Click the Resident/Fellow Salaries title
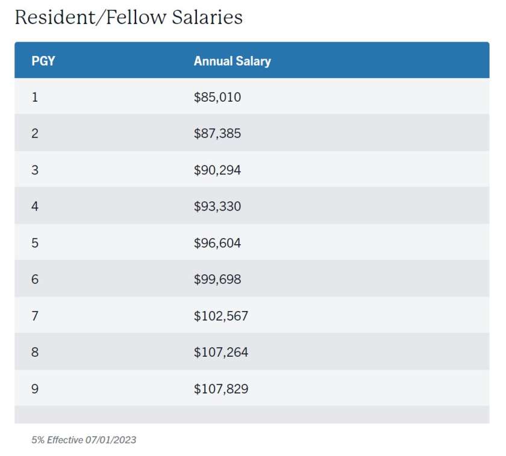(x=128, y=17)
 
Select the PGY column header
(x=43, y=61)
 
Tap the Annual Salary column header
(x=232, y=61)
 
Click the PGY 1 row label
(x=35, y=97)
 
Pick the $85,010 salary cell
(x=217, y=97)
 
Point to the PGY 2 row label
(x=35, y=134)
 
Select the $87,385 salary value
(x=217, y=134)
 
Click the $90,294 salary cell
(x=217, y=170)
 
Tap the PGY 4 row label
(x=35, y=206)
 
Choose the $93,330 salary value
(x=217, y=206)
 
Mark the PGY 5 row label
(x=35, y=243)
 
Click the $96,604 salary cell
(x=217, y=243)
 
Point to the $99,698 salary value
(x=217, y=280)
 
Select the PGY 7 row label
(x=35, y=316)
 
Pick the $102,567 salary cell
(x=220, y=316)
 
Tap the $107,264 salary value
(x=220, y=353)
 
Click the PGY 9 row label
(x=35, y=389)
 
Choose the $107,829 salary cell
(x=220, y=389)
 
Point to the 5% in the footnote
(x=38, y=440)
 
